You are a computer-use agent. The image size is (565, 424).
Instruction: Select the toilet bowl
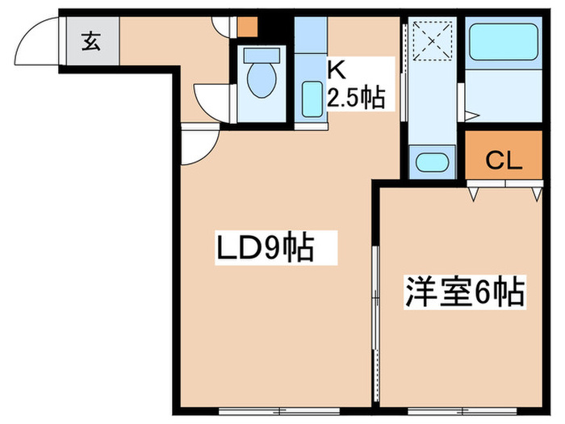(262, 76)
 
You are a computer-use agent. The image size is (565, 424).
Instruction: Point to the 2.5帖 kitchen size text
(354, 99)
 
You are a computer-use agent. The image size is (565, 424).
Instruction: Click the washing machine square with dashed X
(429, 40)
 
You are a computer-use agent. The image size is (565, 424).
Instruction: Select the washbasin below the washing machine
(428, 161)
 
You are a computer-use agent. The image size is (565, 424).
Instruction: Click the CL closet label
(504, 161)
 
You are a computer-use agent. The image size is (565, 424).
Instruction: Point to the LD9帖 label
(263, 249)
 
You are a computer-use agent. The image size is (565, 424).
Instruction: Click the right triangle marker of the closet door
(535, 193)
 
